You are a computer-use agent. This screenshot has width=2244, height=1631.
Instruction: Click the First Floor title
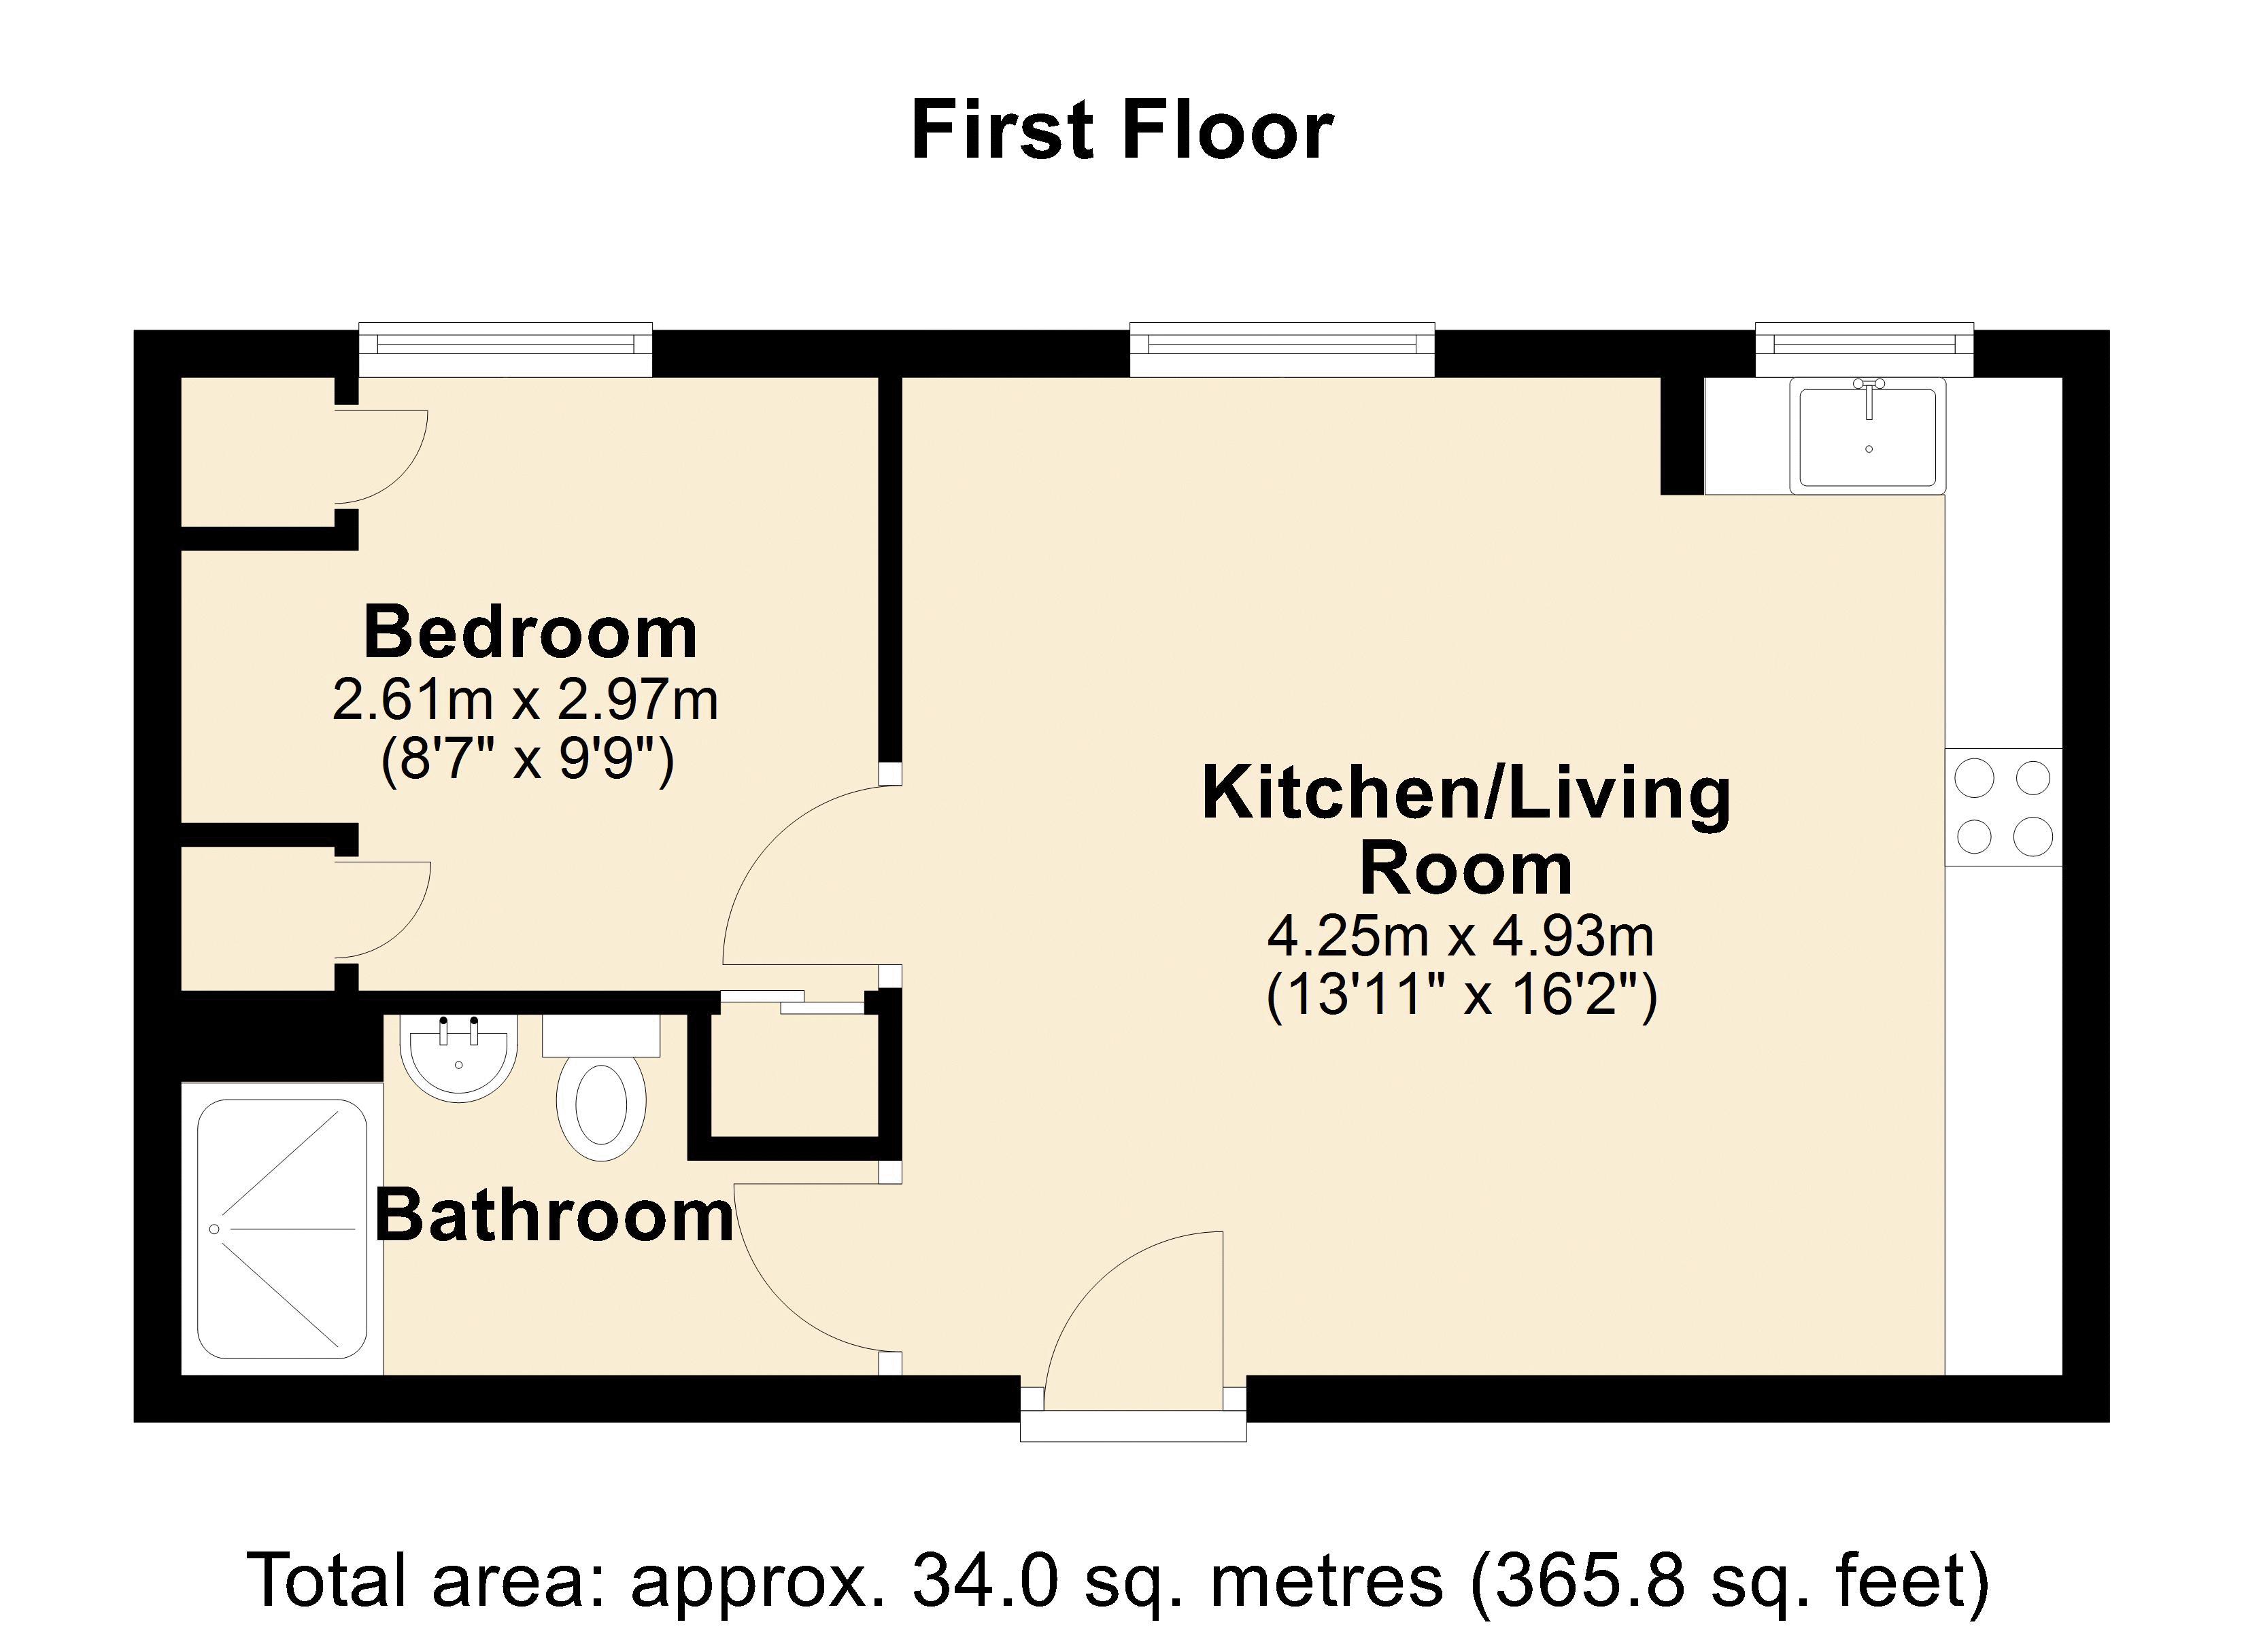[x=1121, y=130]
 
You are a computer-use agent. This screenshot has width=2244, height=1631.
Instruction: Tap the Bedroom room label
[x=530, y=632]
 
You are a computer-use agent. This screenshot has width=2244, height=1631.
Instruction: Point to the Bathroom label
[x=554, y=1216]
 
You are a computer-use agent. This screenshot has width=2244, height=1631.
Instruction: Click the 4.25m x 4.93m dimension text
[x=1461, y=936]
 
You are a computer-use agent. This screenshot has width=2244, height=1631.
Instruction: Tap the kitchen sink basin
[x=1867, y=437]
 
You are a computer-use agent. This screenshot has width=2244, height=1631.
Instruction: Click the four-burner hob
[x=2003, y=808]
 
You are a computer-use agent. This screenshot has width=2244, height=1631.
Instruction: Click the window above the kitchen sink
[x=1864, y=349]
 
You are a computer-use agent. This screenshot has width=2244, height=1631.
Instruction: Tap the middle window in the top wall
[x=1282, y=349]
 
